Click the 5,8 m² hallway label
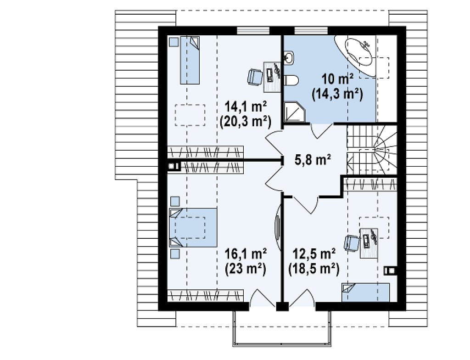click(x=313, y=160)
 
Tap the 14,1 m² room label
click(x=246, y=107)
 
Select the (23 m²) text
click(x=246, y=269)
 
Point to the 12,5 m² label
click(x=313, y=254)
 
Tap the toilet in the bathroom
click(x=291, y=80)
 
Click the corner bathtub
click(x=356, y=56)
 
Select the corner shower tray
click(x=294, y=112)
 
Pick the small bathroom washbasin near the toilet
click(x=289, y=57)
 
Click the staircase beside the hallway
click(x=372, y=150)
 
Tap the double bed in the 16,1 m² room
click(x=193, y=227)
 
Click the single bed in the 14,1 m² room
click(x=190, y=60)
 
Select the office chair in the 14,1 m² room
click(x=255, y=77)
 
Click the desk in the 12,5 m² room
click(x=369, y=243)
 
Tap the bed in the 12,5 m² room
click(x=366, y=292)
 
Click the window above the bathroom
click(x=311, y=31)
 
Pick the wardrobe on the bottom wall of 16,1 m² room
click(x=205, y=295)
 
